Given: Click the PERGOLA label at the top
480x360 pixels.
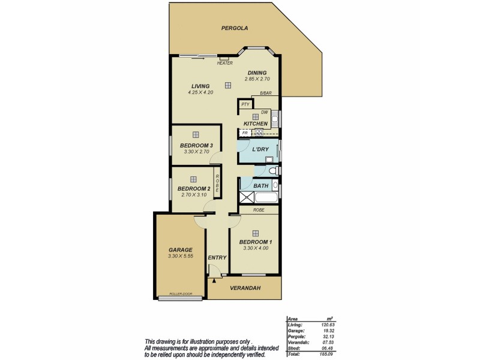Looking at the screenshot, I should tap(235, 28).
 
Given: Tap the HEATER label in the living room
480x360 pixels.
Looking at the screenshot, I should tap(225, 63).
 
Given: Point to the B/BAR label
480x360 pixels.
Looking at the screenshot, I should tap(266, 93).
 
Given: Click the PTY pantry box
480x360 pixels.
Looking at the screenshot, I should tap(245, 104).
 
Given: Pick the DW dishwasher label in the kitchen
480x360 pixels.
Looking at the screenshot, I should tap(264, 112).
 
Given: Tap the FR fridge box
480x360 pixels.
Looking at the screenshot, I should tap(245, 133).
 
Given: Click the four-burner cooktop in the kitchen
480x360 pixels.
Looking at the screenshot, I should tap(260, 132).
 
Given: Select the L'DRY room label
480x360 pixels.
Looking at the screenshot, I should tap(260, 149).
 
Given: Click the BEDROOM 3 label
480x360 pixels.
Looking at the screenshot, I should tap(196, 146).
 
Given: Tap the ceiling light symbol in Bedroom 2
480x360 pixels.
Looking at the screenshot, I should tap(193, 179).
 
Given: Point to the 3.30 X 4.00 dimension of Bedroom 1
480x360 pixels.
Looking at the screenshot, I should tap(255, 248).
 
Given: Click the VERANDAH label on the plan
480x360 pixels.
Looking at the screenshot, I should tap(244, 288).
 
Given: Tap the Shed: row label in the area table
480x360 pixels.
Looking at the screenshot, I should tap(294, 347).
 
